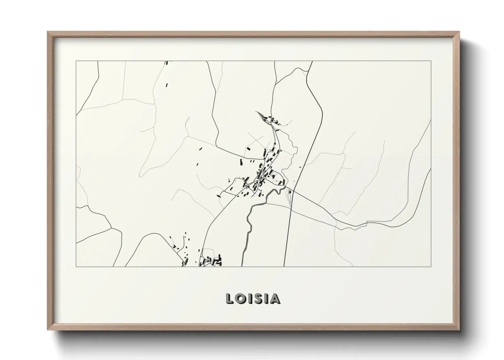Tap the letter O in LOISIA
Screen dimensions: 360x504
click(x=240, y=299)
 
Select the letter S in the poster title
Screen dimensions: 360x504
click(x=258, y=299)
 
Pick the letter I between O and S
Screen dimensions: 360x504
click(x=250, y=299)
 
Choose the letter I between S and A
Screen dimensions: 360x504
click(x=266, y=299)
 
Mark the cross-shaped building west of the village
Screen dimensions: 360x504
click(x=218, y=196)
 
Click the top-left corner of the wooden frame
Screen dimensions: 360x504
click(x=48, y=32)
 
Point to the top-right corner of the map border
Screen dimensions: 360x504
click(x=431, y=61)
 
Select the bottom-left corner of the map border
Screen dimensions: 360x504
click(x=76, y=266)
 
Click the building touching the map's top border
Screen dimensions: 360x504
click(x=167, y=63)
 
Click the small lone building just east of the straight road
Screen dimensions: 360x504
click(x=301, y=167)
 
